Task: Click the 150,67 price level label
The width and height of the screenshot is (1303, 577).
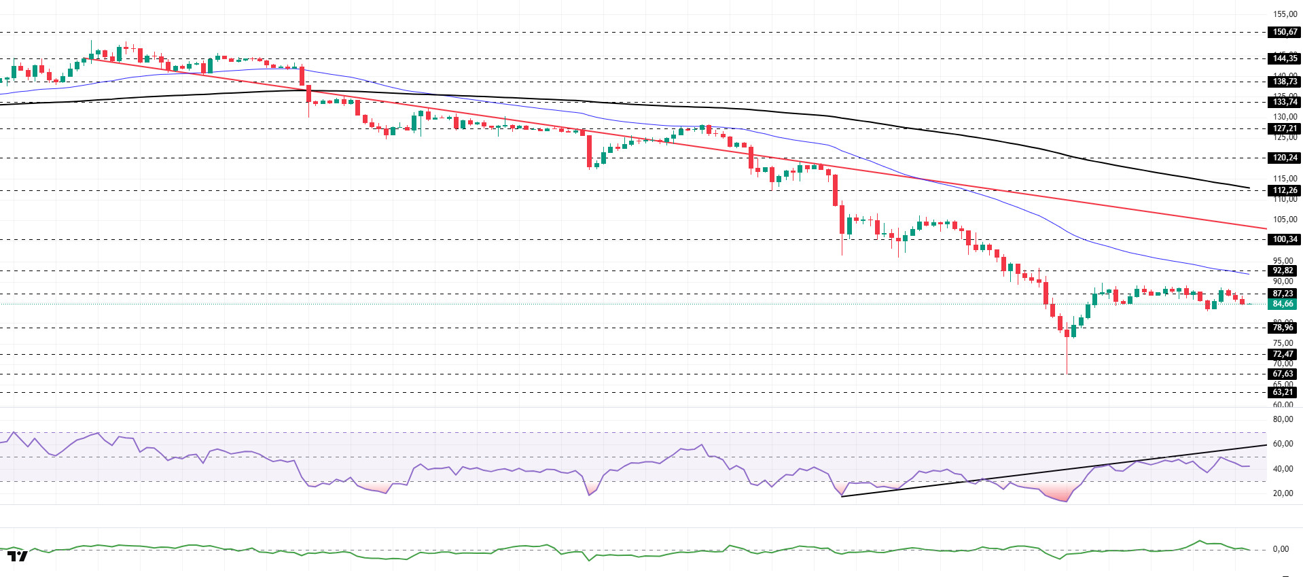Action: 1284,32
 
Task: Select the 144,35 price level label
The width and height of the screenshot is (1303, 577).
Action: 1284,58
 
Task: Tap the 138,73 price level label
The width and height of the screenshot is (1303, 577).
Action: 1284,82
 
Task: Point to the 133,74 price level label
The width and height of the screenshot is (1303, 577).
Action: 1284,102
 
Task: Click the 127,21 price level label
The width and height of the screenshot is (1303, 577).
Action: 1284,128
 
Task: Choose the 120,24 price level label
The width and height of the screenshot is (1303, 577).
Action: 1284,158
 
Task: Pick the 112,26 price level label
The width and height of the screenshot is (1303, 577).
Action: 1284,190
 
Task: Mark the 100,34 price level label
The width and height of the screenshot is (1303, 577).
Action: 1284,239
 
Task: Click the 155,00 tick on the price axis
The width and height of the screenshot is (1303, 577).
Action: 1285,14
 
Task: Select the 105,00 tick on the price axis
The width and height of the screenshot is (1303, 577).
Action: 1285,220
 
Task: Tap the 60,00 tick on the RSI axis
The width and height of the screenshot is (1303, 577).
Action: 1283,444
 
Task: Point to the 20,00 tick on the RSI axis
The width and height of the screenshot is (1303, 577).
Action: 1283,493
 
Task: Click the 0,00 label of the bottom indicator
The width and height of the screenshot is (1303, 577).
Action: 1281,549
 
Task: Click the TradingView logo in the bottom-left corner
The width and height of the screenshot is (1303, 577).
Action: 18,556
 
